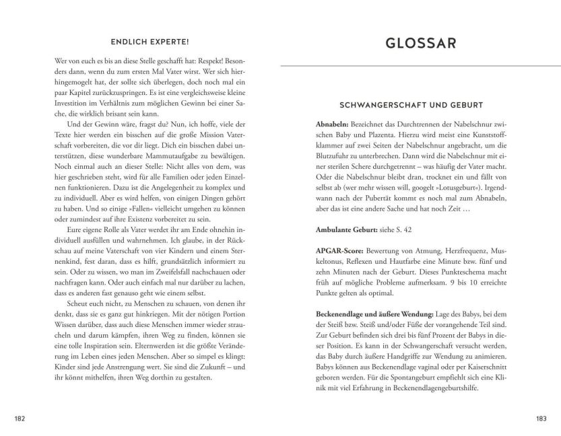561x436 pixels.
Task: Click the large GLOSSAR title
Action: pyautogui.click(x=420, y=44)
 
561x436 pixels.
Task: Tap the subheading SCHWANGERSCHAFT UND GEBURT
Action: pyautogui.click(x=420, y=105)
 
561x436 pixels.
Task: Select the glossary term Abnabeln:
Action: pyautogui.click(x=333, y=126)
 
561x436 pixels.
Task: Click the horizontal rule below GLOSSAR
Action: pyautogui.click(x=420, y=67)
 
